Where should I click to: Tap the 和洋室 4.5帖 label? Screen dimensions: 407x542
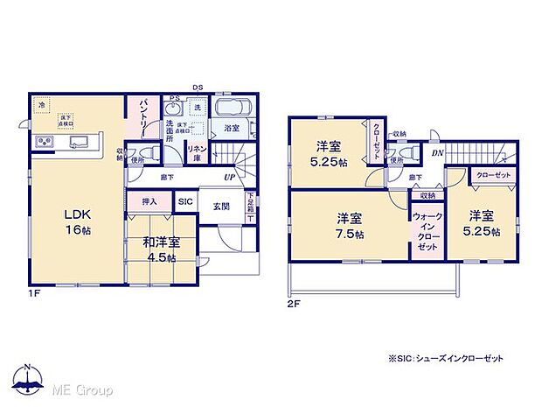point(161,249)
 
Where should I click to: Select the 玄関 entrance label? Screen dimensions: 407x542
point(220,206)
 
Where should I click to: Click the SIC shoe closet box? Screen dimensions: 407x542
point(185,202)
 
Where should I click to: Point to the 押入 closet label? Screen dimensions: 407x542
point(149,202)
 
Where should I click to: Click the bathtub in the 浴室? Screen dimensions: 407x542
point(232,110)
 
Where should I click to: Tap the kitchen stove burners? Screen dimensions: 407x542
point(44,143)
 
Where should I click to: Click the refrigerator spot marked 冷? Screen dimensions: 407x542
point(40,105)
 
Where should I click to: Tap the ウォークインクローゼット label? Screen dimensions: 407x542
point(427,230)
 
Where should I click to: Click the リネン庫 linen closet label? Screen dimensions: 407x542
point(197,152)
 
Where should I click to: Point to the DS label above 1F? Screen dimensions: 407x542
point(198,87)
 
